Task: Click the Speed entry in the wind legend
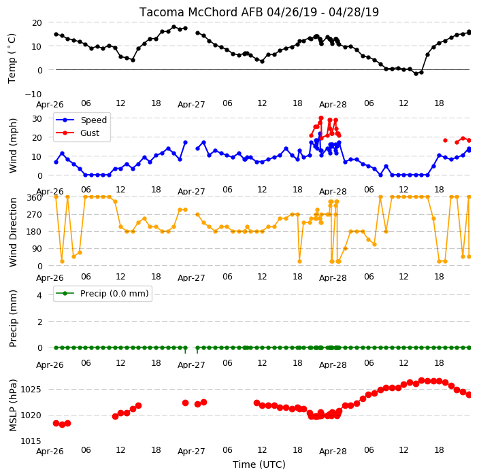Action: [x=81, y=120]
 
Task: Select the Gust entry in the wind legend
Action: [x=78, y=133]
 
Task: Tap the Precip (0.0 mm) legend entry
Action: [x=102, y=293]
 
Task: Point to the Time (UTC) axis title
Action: [x=259, y=464]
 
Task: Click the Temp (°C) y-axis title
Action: [x=12, y=58]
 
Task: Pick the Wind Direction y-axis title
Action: [x=13, y=233]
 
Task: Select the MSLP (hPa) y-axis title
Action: [x=13, y=405]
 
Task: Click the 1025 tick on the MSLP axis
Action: [x=31, y=390]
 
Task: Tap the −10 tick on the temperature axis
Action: [x=33, y=94]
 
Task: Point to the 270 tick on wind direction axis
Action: [x=34, y=214]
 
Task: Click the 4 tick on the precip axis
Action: [x=39, y=295]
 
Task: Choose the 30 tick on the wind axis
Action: [x=37, y=118]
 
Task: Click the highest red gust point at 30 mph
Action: [x=321, y=118]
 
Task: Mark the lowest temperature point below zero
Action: [x=416, y=73]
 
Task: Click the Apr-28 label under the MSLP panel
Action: [x=333, y=452]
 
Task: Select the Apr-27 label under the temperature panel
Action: [x=191, y=105]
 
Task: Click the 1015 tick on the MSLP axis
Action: [x=31, y=441]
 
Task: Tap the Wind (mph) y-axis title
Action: [x=13, y=146]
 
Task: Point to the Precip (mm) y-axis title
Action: [x=13, y=318]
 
